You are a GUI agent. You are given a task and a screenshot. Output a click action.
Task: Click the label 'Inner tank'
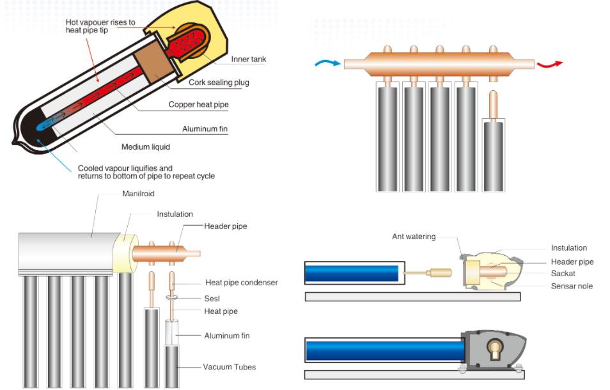(249, 59)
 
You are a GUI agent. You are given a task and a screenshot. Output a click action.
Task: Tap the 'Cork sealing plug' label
(219, 82)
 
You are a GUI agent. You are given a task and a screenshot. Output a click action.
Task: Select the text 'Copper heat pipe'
(198, 104)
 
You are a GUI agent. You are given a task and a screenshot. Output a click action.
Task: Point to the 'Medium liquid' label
(146, 146)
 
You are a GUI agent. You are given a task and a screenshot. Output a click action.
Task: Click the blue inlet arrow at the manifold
(327, 63)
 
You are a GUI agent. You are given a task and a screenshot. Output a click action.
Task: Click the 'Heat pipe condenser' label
(241, 283)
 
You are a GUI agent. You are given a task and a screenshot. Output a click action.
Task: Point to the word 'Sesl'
(212, 298)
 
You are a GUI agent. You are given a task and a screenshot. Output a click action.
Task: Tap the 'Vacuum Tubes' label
(229, 367)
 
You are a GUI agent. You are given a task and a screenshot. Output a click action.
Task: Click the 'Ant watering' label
(414, 237)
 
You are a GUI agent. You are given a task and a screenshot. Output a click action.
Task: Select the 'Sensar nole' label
(572, 286)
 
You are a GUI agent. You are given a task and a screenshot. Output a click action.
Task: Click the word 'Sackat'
(563, 274)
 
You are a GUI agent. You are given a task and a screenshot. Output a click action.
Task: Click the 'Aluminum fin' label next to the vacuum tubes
(226, 336)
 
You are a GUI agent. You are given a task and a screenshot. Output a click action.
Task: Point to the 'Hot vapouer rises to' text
(100, 22)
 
